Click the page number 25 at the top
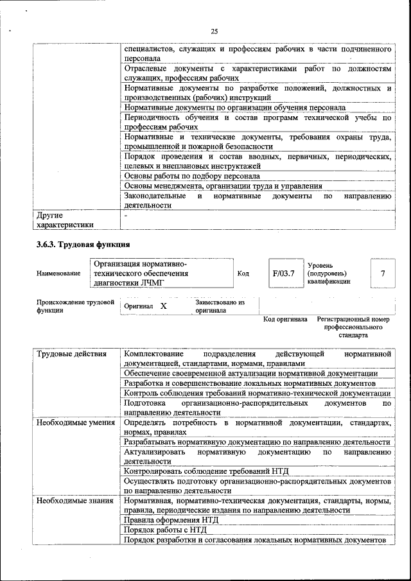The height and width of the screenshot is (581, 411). click(214, 31)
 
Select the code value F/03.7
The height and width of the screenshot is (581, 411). click(283, 273)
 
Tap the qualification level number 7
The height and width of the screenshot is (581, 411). click(383, 273)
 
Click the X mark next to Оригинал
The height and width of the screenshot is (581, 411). click(163, 307)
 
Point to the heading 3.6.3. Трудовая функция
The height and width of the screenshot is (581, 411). click(83, 244)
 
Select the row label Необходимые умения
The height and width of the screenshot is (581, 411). click(76, 423)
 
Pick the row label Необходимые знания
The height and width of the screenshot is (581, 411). click(75, 501)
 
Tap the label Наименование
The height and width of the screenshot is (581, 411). click(58, 273)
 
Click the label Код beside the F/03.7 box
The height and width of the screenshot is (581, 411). click(243, 273)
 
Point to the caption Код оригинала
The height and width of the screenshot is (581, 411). click(285, 319)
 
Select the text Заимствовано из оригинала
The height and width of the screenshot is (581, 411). click(220, 306)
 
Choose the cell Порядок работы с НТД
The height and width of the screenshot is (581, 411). click(165, 530)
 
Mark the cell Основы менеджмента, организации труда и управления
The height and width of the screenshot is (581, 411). click(223, 186)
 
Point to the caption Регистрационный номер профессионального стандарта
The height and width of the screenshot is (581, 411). click(354, 327)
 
